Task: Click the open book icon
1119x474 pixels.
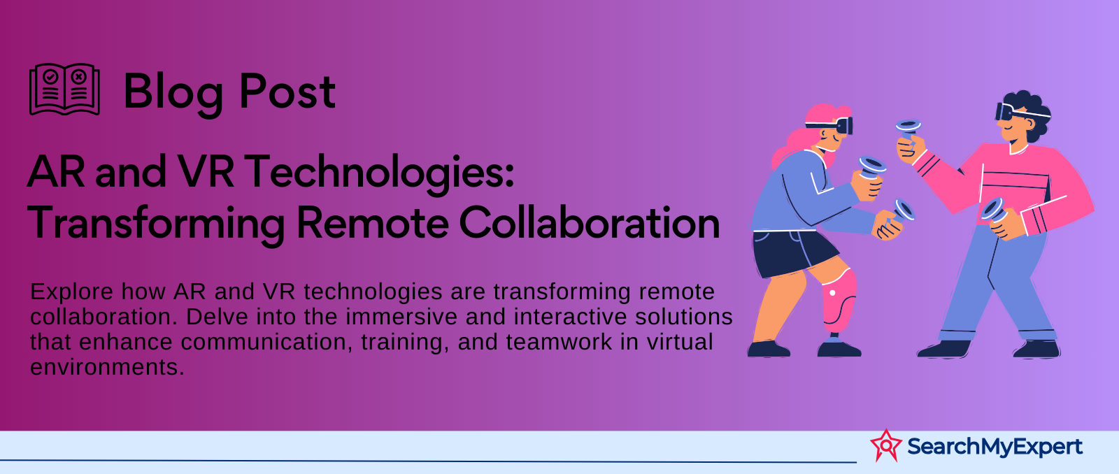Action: [x=64, y=89]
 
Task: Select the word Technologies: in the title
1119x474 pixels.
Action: [x=379, y=172]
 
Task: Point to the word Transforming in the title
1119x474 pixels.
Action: [x=156, y=223]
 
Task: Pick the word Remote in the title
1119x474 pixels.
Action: [x=372, y=223]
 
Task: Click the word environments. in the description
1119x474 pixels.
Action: [x=108, y=368]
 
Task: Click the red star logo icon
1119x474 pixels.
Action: [x=885, y=445]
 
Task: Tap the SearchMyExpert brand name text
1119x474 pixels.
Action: [x=995, y=447]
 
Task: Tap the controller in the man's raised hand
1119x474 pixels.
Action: [x=908, y=130]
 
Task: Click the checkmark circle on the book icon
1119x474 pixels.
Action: [x=50, y=78]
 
